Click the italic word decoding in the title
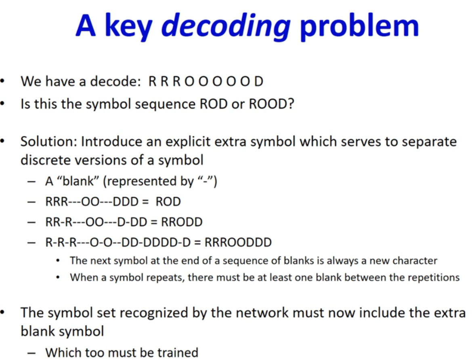click(226, 27)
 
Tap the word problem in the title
click(359, 27)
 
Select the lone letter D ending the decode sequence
click(258, 81)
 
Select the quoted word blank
click(78, 181)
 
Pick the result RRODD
click(182, 222)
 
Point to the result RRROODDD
click(238, 242)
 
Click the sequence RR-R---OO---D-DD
click(96, 222)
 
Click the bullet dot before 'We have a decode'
click(3, 81)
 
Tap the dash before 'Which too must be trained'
click(31, 353)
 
